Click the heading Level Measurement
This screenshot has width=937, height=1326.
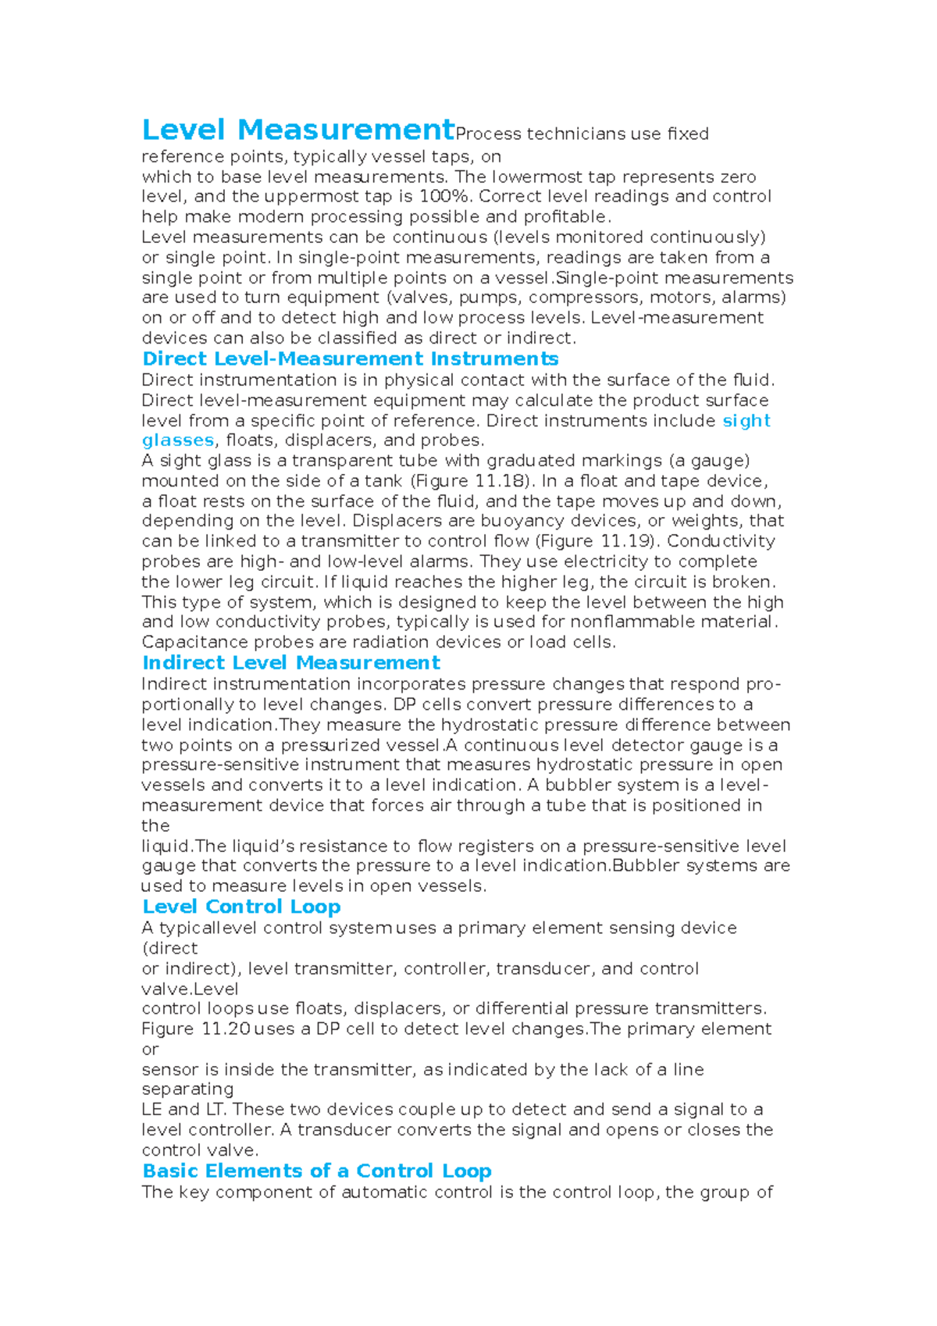click(297, 130)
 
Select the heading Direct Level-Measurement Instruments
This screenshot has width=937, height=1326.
click(350, 359)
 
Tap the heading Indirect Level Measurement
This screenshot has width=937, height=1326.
click(290, 663)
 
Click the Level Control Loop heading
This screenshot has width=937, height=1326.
click(241, 907)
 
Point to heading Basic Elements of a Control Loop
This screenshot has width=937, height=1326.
click(316, 1171)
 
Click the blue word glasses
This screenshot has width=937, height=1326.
click(177, 440)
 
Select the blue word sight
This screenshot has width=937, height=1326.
click(746, 421)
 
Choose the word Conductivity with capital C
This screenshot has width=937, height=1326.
click(721, 541)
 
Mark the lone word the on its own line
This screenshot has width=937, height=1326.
click(155, 826)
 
